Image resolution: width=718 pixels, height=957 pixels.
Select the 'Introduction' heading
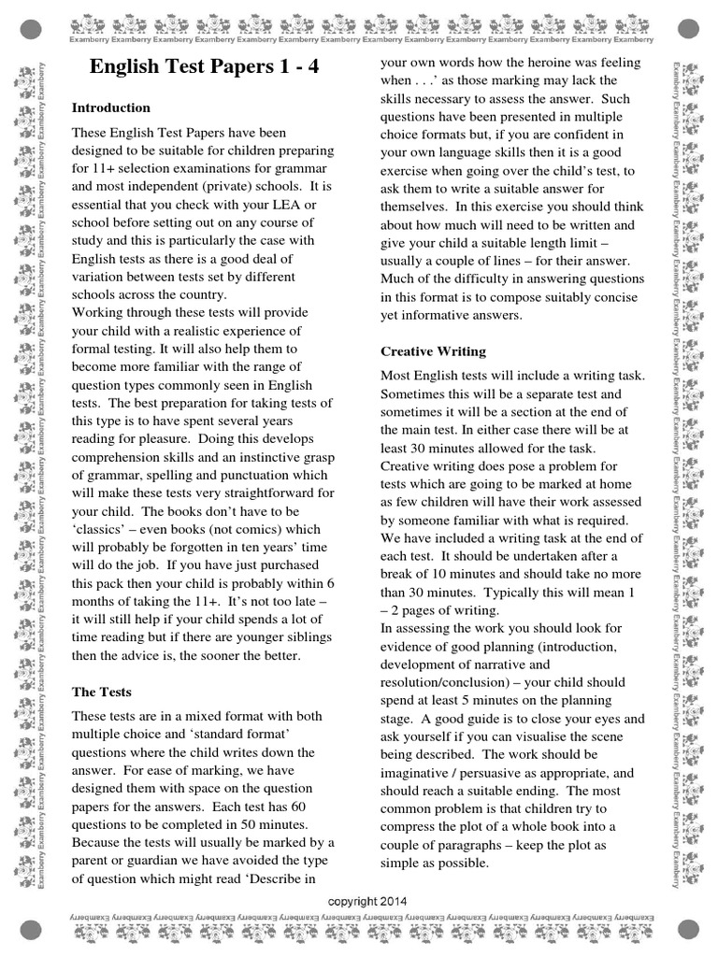111,107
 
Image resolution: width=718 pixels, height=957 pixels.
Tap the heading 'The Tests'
102,693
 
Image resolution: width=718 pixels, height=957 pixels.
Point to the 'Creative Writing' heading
433,351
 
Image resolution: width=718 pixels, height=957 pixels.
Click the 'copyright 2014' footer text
367,900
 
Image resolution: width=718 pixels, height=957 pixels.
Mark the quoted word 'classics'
106,529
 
